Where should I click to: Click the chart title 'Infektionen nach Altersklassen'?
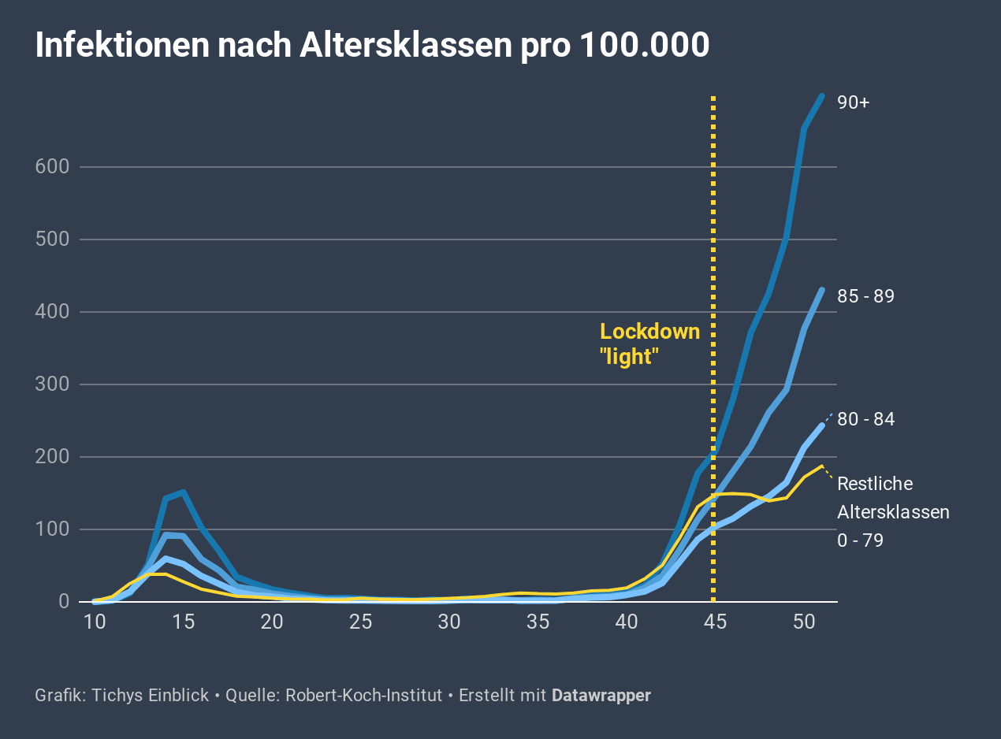(372, 46)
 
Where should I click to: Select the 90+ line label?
(854, 102)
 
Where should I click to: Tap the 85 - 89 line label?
(865, 297)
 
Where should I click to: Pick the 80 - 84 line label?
(865, 419)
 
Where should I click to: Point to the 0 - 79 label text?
(860, 540)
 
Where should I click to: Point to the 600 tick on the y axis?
(53, 167)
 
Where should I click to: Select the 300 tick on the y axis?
(53, 384)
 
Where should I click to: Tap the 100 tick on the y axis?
(53, 529)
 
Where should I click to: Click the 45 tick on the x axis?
(713, 622)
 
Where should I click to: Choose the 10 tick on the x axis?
(95, 622)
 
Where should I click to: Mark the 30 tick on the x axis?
(449, 622)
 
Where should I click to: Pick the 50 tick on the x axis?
(804, 622)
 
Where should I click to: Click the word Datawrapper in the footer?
(601, 696)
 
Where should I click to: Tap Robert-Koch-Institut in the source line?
(363, 696)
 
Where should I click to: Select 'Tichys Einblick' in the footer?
(150, 696)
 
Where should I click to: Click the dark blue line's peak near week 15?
(183, 492)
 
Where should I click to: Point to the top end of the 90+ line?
(822, 96)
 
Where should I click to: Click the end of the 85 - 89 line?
(822, 290)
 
